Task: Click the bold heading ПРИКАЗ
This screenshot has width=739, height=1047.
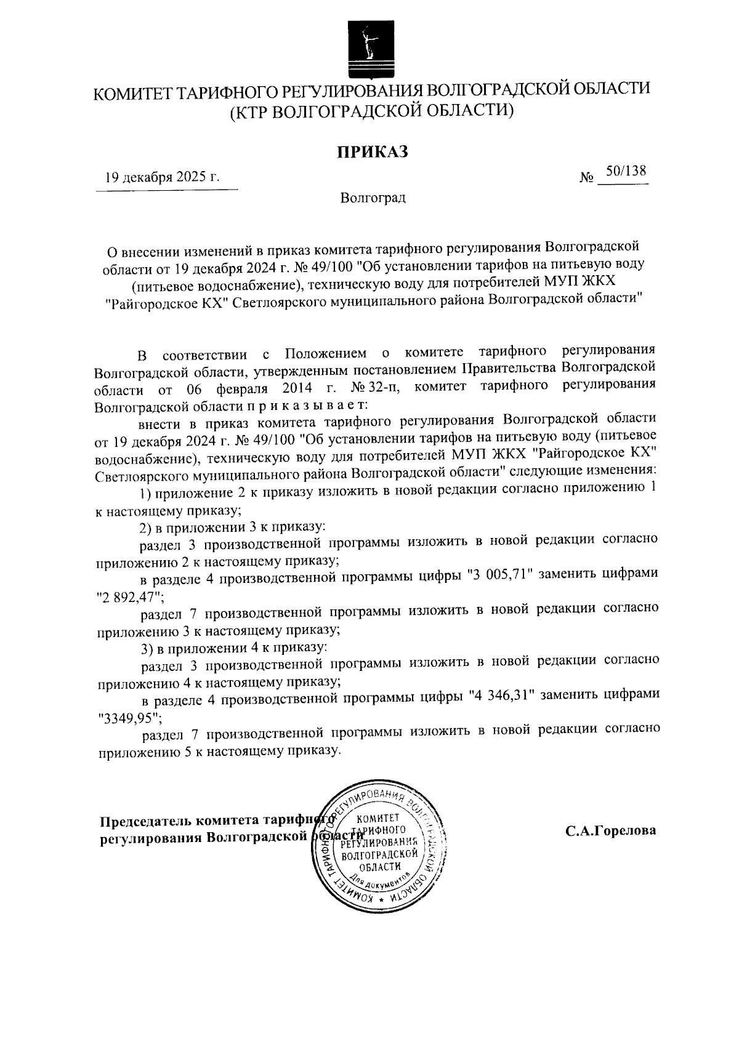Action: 372,151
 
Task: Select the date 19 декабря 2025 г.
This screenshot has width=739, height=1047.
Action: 162,178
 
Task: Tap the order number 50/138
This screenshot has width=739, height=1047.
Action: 625,171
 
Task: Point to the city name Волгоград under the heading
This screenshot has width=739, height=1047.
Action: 373,199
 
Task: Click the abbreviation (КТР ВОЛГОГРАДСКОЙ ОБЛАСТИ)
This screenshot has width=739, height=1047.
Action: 371,111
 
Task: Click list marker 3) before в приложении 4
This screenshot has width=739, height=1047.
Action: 147,648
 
